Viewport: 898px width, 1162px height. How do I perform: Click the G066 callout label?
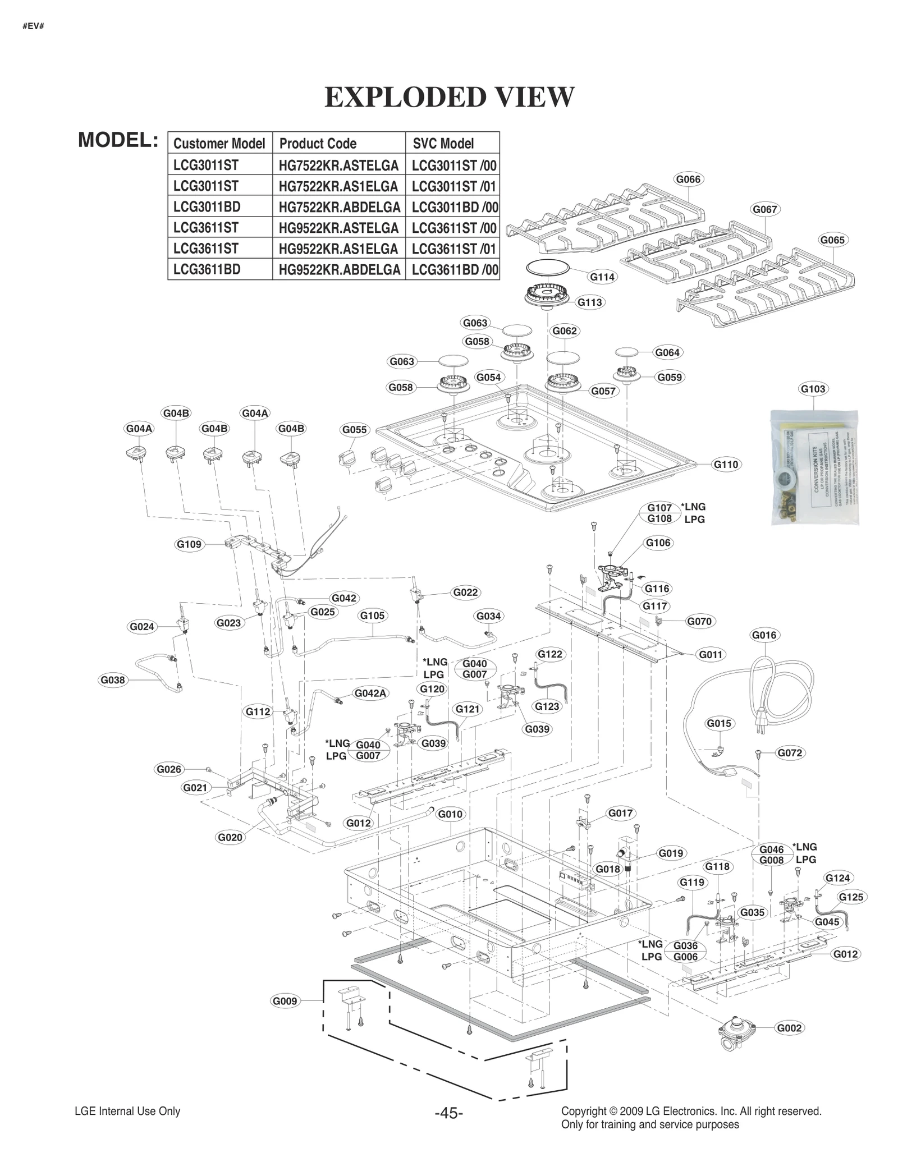[688, 180]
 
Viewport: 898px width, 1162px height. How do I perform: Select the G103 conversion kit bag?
[814, 467]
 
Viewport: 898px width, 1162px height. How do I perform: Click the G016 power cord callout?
[764, 635]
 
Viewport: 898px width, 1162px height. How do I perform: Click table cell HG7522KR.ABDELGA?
[339, 207]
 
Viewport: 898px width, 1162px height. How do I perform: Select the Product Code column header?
[318, 144]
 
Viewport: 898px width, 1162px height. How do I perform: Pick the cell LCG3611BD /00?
[454, 270]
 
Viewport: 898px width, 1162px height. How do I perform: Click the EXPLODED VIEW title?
[450, 97]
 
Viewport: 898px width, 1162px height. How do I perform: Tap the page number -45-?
[448, 1113]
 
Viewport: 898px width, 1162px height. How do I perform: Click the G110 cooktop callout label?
[726, 465]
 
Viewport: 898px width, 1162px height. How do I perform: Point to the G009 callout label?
[285, 1001]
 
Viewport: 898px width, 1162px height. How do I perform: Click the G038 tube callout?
[112, 680]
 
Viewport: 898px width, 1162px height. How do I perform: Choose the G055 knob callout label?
[354, 430]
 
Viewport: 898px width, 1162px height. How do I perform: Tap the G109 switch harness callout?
[189, 544]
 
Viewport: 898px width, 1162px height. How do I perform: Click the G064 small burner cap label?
[667, 352]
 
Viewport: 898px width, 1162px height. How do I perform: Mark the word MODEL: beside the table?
[118, 140]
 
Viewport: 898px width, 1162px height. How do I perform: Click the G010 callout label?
[450, 814]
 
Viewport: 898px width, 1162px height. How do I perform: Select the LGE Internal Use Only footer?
[127, 1112]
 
